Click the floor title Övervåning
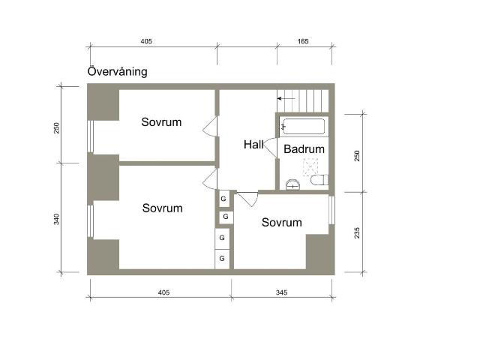tap(117, 71)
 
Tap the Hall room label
tap(253, 145)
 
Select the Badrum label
tap(304, 149)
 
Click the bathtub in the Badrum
tap(303, 127)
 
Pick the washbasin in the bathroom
tap(292, 184)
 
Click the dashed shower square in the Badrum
tap(310, 167)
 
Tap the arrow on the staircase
tap(286, 98)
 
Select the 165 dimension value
tap(303, 41)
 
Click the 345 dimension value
tap(282, 292)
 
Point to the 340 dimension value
tap(56, 219)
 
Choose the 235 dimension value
tap(357, 233)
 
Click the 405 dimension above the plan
tap(146, 41)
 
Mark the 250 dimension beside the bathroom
tap(357, 156)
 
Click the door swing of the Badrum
tap(270, 148)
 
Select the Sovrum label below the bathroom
tap(282, 222)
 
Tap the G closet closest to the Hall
tap(223, 199)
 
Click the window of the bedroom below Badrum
tap(331, 210)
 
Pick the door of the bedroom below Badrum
tap(248, 199)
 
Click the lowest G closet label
tap(222, 258)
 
